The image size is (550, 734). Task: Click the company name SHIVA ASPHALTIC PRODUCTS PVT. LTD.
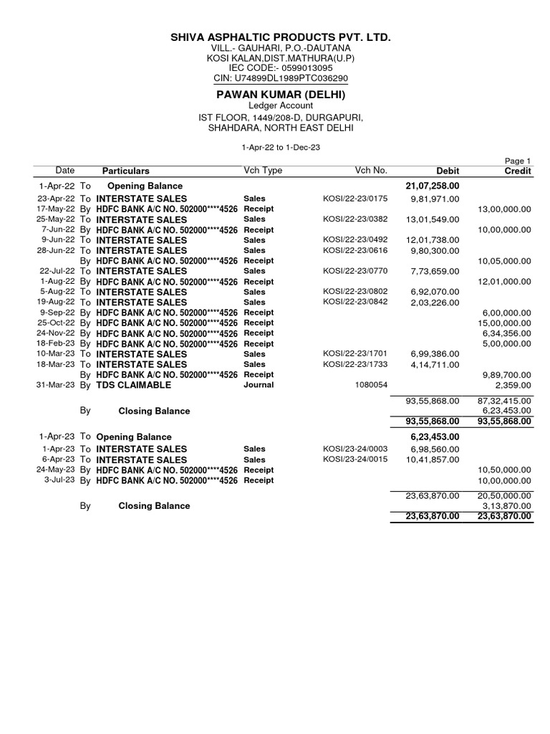281,37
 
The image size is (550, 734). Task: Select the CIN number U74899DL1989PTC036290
281,78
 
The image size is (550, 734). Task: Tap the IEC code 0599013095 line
281,68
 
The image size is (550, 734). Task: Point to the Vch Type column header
263,171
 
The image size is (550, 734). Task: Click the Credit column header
517,171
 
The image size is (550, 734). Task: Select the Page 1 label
518,161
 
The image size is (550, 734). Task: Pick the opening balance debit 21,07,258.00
432,186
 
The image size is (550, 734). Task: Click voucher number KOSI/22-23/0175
355,199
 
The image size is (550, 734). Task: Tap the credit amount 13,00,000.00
505,209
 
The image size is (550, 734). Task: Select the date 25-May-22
57,219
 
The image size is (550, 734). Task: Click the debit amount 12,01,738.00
432,240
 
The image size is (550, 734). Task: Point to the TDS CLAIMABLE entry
134,385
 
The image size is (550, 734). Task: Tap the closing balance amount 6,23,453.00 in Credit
507,411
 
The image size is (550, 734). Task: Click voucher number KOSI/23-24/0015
355,459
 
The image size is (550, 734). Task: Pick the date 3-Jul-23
59,480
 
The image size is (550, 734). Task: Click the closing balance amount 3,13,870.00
507,505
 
